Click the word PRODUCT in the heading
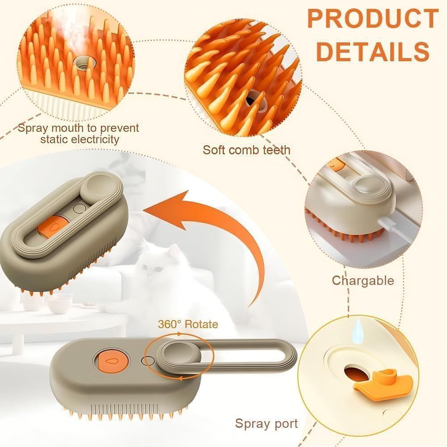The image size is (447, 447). click(x=372, y=19)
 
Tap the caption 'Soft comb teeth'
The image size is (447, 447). click(x=246, y=149)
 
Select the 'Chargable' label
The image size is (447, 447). click(x=363, y=280)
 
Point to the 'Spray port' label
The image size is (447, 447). click(x=266, y=423)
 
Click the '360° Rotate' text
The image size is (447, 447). click(x=188, y=324)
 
